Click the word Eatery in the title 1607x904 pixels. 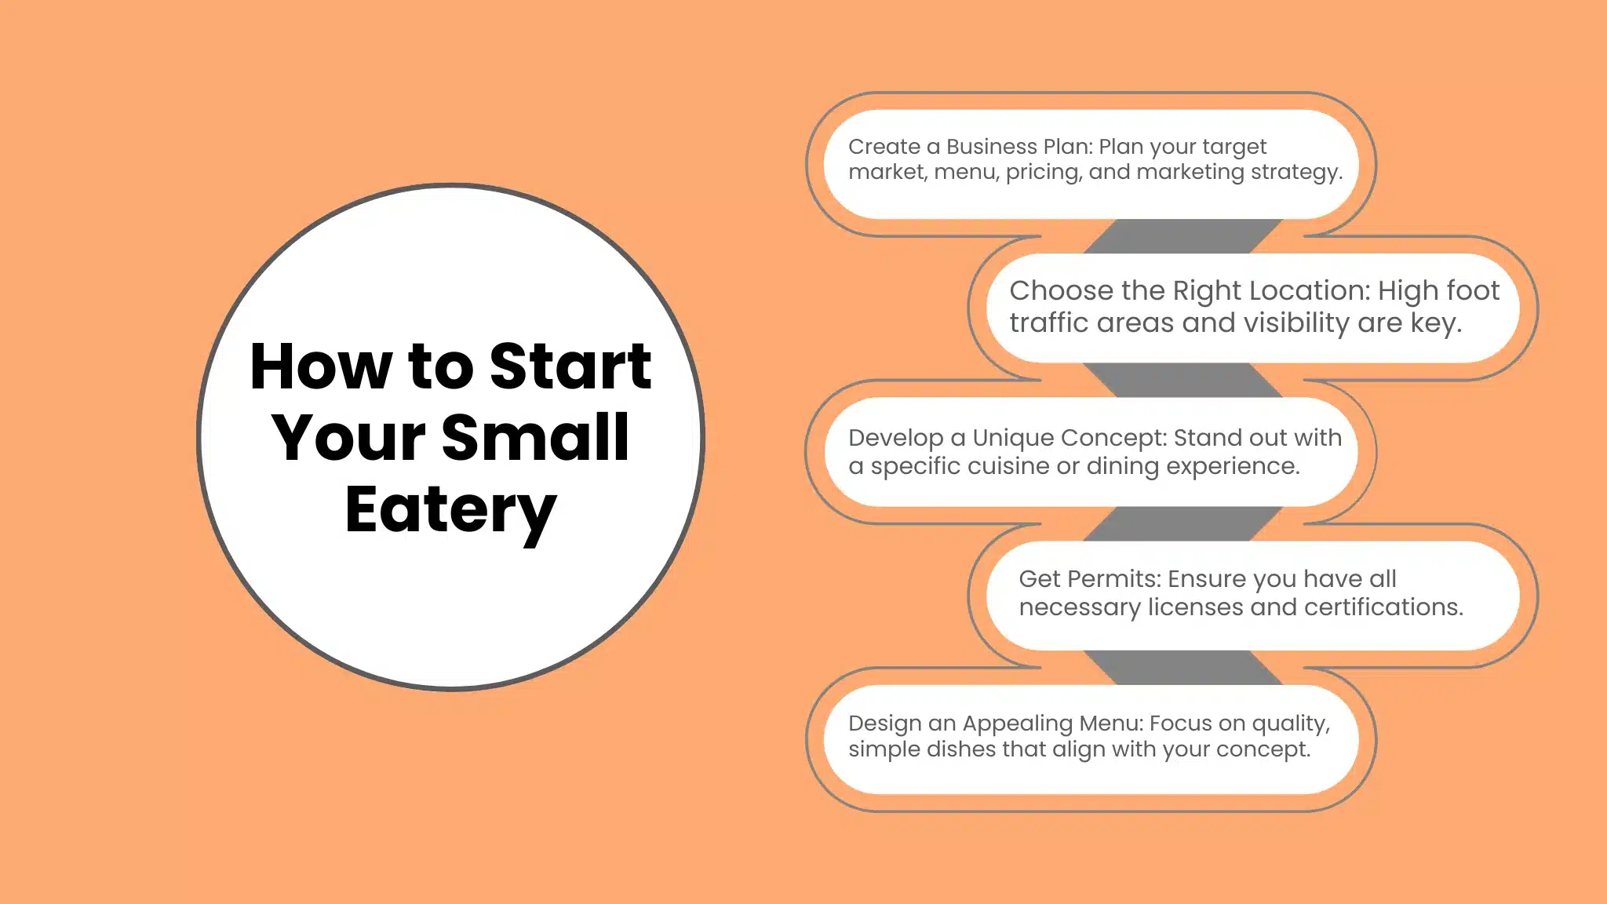(450, 509)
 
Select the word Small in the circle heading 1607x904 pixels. (535, 437)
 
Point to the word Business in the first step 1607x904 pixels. (992, 147)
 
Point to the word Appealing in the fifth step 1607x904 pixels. (1017, 724)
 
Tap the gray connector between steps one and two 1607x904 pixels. (1183, 236)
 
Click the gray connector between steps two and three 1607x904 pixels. (1183, 380)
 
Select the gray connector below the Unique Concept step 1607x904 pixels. (1183, 523)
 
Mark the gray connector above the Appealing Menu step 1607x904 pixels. (1183, 668)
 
